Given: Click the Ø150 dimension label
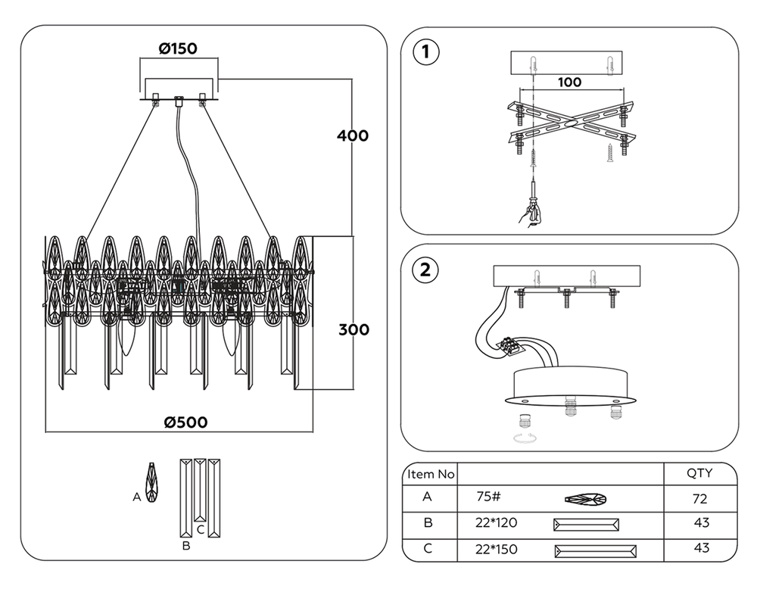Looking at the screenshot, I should (x=178, y=49).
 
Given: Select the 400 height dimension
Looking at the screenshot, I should (x=354, y=136).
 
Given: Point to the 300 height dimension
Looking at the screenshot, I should (x=354, y=330).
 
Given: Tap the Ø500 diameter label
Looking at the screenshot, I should (x=185, y=422).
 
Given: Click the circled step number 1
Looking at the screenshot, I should (x=425, y=52).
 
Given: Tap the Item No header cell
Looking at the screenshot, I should (x=431, y=475).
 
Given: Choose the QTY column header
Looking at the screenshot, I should (x=699, y=474).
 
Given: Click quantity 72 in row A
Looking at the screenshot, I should (x=699, y=499).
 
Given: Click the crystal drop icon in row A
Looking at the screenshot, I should (x=586, y=500).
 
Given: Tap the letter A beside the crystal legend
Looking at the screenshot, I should (x=136, y=497).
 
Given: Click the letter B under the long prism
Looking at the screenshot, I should (x=185, y=544).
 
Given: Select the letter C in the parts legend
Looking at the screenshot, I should (x=200, y=530).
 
